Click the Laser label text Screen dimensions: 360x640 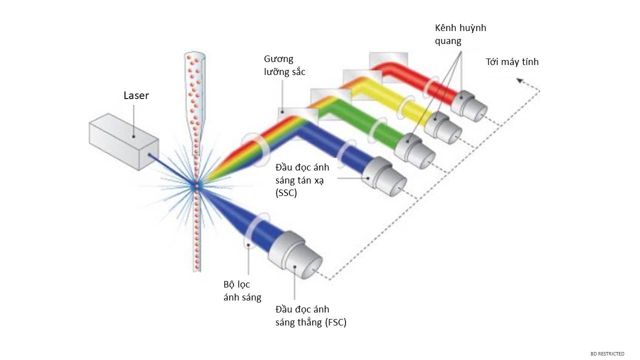pos(136,95)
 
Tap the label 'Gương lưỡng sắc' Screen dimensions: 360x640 pos(284,65)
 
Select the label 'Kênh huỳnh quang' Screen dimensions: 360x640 pos(460,34)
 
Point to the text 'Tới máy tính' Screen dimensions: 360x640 pos(512,62)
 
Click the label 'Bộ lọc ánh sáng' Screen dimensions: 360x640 pos(242,291)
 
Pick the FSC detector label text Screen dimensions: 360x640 pos(310,316)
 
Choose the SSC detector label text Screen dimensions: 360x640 pos(302,180)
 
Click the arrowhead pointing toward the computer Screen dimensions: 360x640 pos(520,79)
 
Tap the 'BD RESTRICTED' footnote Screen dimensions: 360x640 pos(607,354)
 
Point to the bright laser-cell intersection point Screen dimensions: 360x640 pos(196,186)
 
